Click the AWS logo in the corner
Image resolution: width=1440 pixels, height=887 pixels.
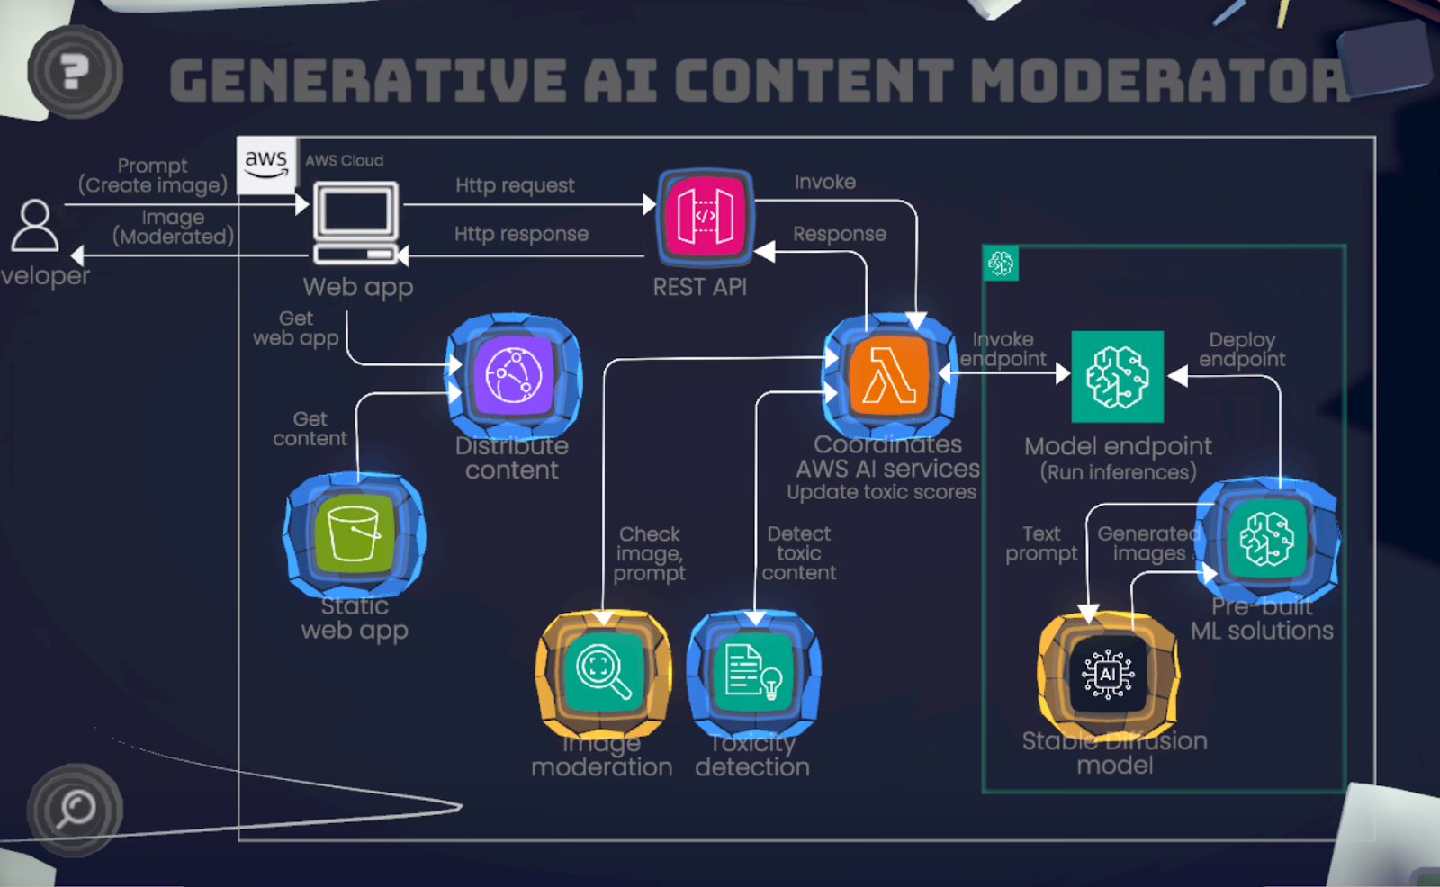pos(266,164)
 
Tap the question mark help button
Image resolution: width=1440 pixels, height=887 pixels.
pos(75,72)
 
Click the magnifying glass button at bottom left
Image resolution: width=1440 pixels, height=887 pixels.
pos(75,809)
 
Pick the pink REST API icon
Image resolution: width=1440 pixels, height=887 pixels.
pos(706,218)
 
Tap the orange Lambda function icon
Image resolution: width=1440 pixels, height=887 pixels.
pos(889,376)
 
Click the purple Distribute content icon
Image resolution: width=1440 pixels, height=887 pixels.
pos(514,375)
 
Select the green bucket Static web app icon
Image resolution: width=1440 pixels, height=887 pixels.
pos(355,534)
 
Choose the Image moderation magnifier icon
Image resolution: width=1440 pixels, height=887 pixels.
pos(603,672)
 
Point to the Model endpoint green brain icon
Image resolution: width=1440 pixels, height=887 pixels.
pos(1117,376)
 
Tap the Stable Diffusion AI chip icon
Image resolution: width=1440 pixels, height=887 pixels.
pos(1108,674)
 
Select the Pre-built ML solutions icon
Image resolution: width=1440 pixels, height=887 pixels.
pos(1267,539)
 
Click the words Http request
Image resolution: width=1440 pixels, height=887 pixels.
pos(515,185)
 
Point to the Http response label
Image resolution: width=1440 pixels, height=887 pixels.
pos(521,234)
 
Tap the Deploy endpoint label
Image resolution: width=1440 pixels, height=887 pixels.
pos(1242,349)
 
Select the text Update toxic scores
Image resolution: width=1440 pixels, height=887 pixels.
pos(881,492)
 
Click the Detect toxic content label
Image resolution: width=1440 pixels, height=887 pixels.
pos(799,553)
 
